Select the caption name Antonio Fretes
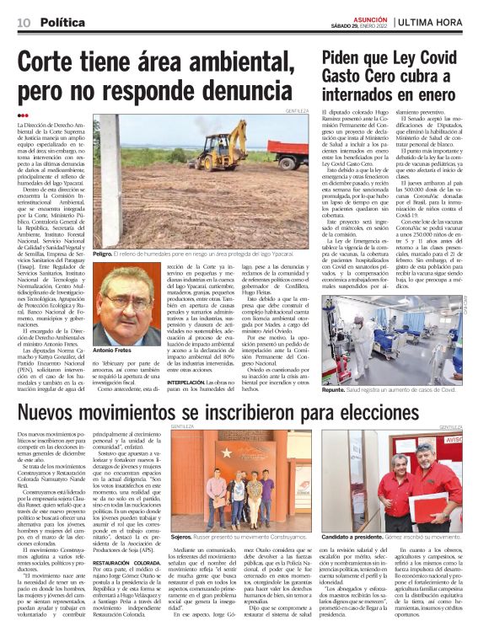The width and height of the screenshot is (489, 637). click(111, 349)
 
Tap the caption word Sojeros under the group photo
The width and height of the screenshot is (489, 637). click(181, 536)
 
